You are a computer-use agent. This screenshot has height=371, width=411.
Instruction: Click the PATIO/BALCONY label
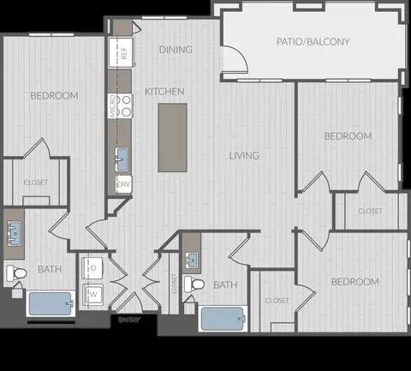tap(313, 41)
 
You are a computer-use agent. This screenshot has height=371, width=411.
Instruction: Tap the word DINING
tap(175, 50)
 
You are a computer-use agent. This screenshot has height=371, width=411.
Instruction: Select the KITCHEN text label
tap(164, 92)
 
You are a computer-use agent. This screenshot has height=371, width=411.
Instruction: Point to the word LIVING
tap(244, 155)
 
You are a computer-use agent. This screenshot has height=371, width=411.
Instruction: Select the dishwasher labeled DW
tap(123, 183)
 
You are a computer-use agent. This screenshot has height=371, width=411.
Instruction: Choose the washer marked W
tap(93, 294)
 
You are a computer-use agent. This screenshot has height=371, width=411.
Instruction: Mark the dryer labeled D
tap(93, 268)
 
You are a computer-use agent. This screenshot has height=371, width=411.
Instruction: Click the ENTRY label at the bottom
tap(129, 320)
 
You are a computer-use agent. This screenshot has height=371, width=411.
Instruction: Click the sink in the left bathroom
tap(15, 231)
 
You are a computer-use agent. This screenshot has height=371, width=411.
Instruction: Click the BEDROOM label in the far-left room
tap(54, 95)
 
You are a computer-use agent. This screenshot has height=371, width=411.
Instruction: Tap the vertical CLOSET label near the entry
tap(174, 284)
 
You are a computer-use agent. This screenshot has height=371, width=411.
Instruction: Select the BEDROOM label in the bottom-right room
tap(354, 281)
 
